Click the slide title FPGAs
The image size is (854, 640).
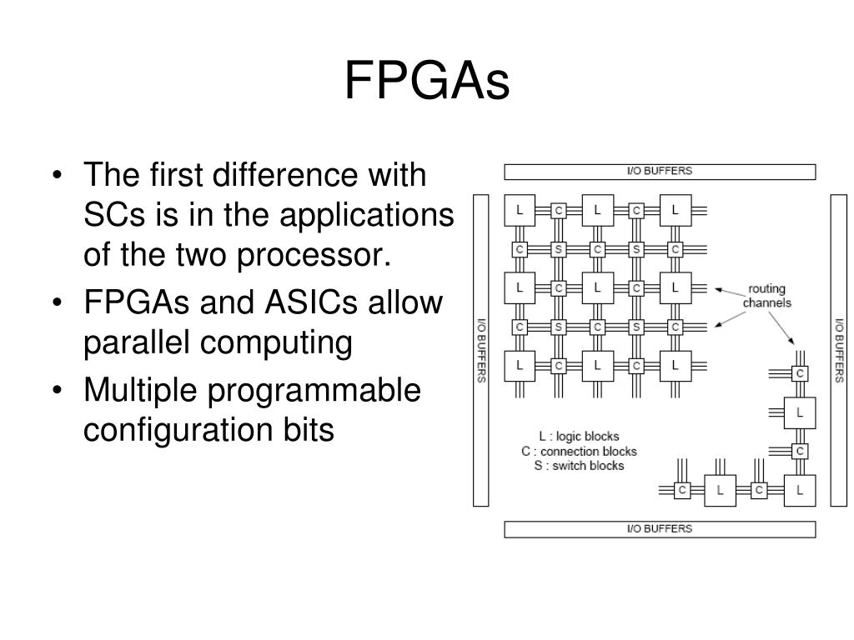coord(426,82)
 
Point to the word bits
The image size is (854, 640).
coord(311,430)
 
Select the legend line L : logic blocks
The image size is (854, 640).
coord(579,437)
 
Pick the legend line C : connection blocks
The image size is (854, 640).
coord(579,451)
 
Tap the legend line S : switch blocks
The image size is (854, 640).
coord(579,465)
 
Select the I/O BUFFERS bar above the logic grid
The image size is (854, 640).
coord(660,172)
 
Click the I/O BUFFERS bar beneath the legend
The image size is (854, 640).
coord(660,529)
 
